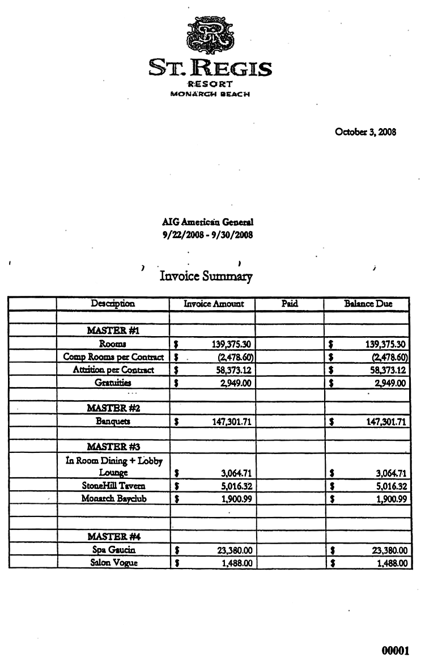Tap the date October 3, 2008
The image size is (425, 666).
[365, 132]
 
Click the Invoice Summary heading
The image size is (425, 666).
[206, 277]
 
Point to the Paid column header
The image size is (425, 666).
[290, 304]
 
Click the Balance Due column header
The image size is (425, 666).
[368, 304]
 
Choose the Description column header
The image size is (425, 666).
[113, 304]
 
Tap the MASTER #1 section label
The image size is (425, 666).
[113, 330]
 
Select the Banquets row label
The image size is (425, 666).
[113, 422]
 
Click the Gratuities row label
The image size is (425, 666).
[113, 383]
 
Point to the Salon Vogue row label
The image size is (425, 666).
[113, 563]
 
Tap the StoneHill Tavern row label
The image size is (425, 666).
[113, 486]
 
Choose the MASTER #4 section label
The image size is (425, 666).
[113, 536]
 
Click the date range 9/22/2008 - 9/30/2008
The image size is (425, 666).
[207, 234]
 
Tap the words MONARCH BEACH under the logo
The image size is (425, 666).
[210, 94]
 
